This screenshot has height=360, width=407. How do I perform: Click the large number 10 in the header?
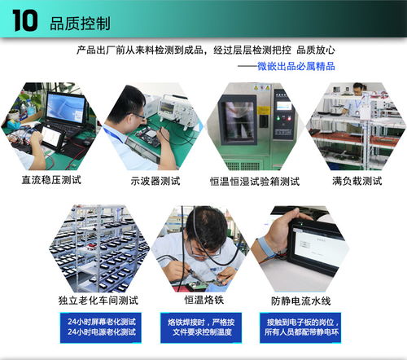pos(25,20)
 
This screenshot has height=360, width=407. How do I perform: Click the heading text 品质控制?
pos(80,24)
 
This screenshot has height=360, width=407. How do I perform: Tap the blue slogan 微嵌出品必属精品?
pos(296,66)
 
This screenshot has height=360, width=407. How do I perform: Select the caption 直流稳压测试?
pos(51,180)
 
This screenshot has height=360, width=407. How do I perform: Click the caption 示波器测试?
pos(155,181)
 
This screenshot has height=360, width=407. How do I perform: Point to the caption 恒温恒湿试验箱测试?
pos(255,182)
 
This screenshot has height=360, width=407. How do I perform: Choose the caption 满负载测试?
pos(357,181)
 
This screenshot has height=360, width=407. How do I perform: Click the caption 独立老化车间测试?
pos(98,301)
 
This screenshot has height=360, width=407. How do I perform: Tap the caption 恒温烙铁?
pos(204,300)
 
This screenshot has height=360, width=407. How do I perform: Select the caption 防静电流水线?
pos(300,301)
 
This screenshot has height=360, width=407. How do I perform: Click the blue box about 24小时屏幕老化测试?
pos(101,327)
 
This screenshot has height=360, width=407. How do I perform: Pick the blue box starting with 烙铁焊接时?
pos(201,327)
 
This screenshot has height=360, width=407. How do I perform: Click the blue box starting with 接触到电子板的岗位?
pos(300,327)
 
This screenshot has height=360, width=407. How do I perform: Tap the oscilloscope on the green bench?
pos(173,108)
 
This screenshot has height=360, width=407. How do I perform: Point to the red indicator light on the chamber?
pos(289,118)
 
